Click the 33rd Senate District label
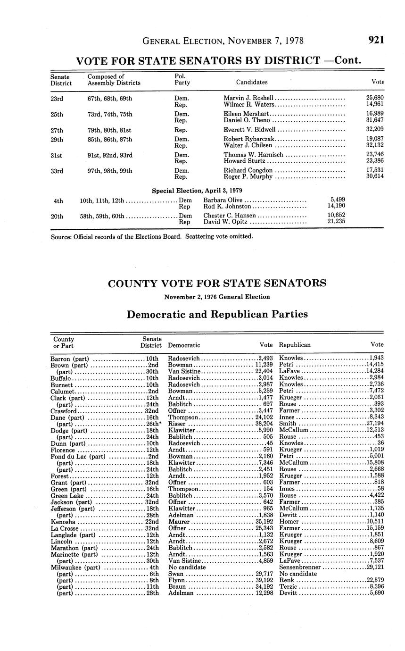57,171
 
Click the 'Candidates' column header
252,82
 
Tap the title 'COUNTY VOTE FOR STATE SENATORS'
217,283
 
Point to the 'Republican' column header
295,345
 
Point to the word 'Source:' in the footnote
61,236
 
